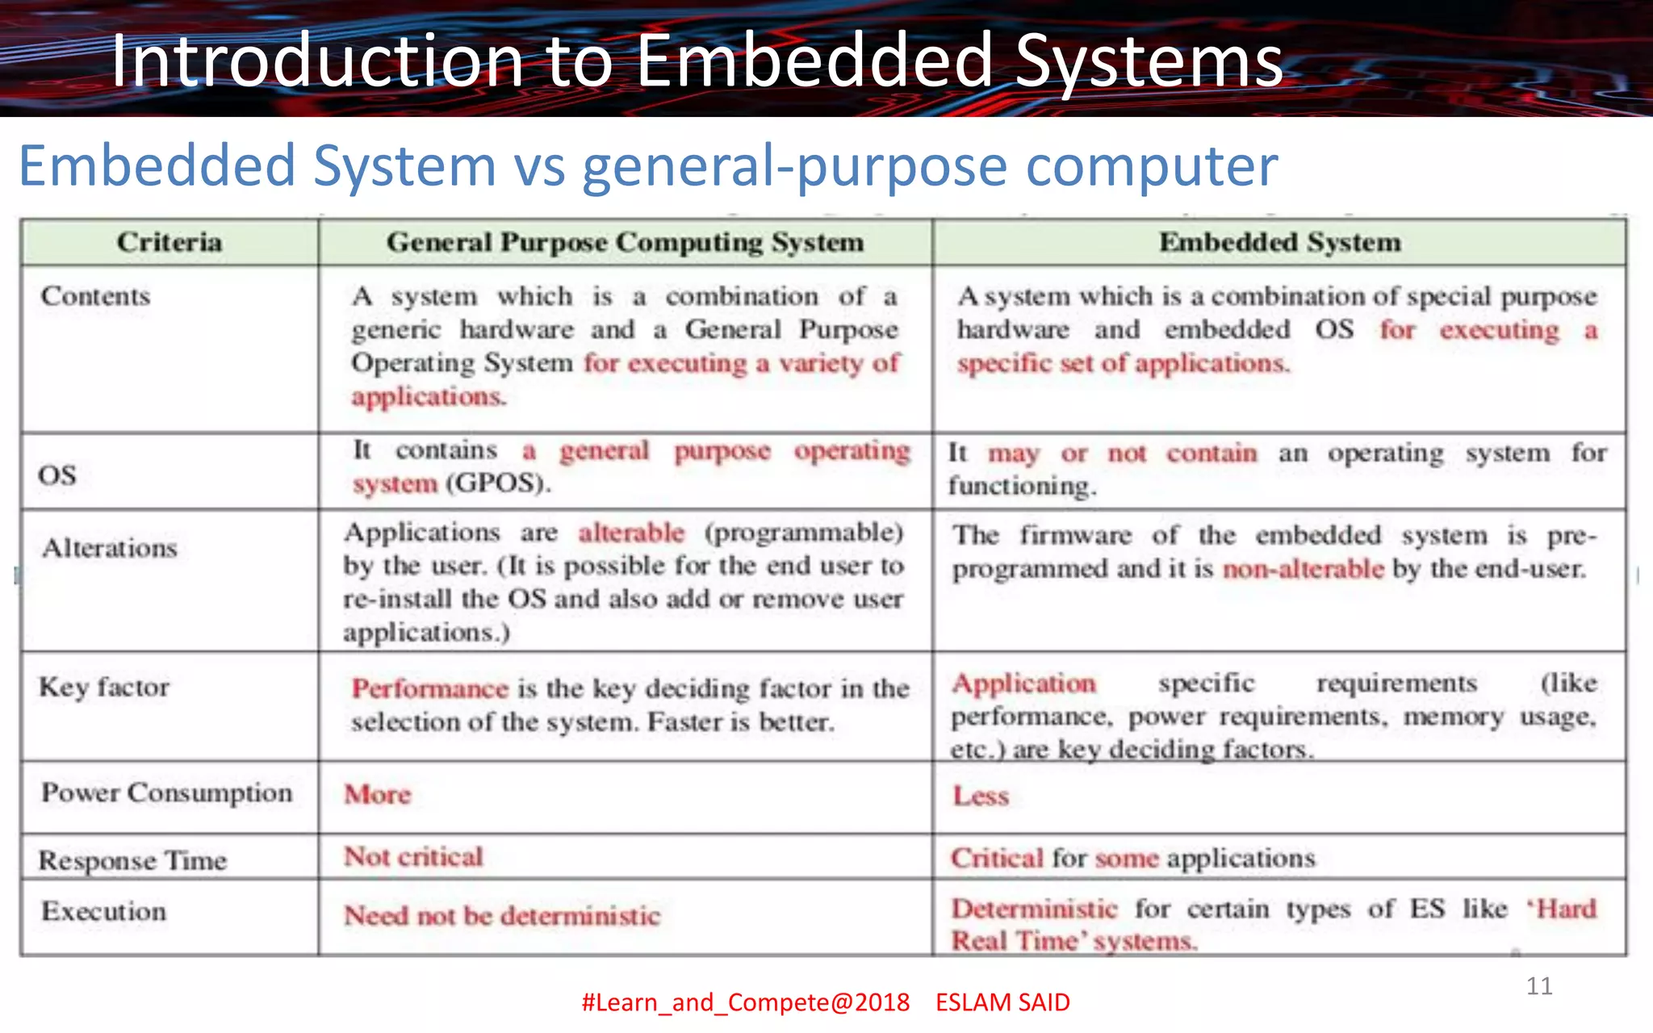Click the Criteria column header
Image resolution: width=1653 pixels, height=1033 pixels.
(169, 242)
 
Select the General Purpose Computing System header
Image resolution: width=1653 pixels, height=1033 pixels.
(625, 242)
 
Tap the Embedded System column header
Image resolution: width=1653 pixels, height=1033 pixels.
(1279, 242)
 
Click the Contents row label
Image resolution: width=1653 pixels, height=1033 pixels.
(95, 296)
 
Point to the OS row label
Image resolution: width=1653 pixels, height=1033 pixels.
(57, 475)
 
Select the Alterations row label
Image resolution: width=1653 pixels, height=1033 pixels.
(110, 548)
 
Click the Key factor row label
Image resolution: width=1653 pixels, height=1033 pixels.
(104, 687)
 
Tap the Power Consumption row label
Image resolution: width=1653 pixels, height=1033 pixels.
(166, 793)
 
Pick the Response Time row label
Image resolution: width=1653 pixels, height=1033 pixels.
(132, 860)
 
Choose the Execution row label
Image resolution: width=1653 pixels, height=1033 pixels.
(104, 911)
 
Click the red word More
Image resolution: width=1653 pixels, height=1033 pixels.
(378, 794)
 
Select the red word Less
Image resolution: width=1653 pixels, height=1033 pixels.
(981, 796)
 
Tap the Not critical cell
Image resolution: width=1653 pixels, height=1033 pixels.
(413, 856)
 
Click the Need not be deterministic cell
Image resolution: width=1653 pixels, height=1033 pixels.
(502, 916)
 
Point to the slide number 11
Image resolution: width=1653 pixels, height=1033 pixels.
(1539, 985)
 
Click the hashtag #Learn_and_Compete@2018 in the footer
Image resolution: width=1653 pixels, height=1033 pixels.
(745, 1002)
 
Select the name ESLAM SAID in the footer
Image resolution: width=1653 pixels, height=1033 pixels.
(1002, 1002)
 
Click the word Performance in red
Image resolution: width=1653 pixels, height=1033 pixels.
(429, 688)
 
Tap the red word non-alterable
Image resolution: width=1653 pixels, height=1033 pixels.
(1303, 569)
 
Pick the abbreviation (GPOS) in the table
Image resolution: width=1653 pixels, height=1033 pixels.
(498, 483)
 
